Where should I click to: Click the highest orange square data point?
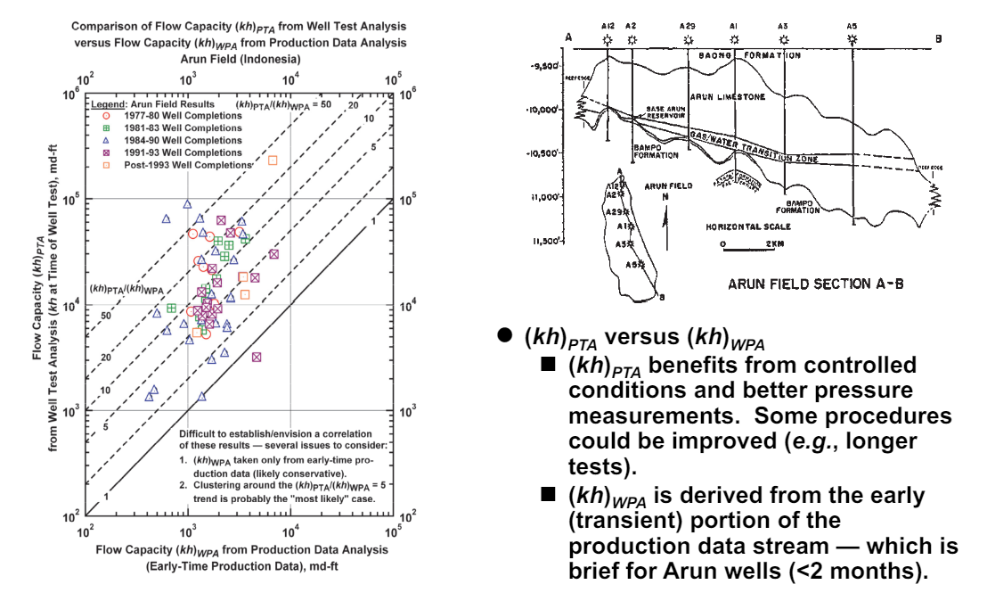point(273,161)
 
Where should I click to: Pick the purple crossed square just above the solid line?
point(257,357)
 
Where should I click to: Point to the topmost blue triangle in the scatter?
point(187,204)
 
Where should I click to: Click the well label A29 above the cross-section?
point(687,27)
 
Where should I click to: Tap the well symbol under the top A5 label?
point(852,40)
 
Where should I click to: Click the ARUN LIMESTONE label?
point(729,96)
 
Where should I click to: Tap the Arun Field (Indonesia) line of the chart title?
point(236,57)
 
